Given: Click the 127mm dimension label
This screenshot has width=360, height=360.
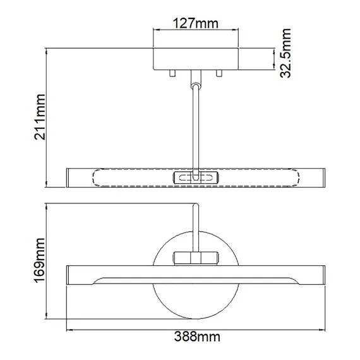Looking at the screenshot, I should (196, 24).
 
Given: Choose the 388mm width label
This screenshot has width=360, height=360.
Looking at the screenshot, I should (196, 346).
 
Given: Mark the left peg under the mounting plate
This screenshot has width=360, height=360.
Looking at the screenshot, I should (171, 73).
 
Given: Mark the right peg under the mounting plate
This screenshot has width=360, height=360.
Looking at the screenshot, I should (219, 73).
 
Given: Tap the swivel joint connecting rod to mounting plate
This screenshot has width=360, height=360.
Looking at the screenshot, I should (196, 78).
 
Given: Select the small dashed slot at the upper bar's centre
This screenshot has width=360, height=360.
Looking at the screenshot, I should (196, 178).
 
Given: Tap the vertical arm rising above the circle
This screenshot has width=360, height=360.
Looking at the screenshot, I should (196, 224).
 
